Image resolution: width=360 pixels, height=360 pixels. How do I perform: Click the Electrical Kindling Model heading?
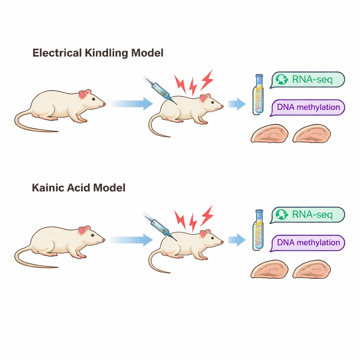point(98,53)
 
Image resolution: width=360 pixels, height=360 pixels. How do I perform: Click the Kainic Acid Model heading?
point(79,188)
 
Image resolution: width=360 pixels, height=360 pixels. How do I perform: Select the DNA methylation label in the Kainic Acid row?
point(308,243)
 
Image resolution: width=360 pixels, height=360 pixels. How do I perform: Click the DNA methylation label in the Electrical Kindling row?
point(308,107)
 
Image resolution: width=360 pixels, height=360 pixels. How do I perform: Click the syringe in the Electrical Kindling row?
point(160,90)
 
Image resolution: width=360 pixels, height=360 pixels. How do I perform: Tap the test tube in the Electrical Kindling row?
point(259,94)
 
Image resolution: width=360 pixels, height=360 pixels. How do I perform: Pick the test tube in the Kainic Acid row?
point(259,229)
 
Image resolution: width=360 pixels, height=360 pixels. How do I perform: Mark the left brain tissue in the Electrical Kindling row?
point(269,134)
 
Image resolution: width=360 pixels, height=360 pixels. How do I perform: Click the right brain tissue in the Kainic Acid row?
point(311,269)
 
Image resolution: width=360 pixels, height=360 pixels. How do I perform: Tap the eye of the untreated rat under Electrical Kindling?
point(94,99)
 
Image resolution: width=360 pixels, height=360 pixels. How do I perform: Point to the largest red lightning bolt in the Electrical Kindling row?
point(207,79)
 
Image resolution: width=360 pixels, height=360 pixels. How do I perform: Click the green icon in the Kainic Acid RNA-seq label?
point(282,214)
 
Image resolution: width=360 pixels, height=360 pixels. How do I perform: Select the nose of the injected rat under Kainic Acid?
point(222,242)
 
